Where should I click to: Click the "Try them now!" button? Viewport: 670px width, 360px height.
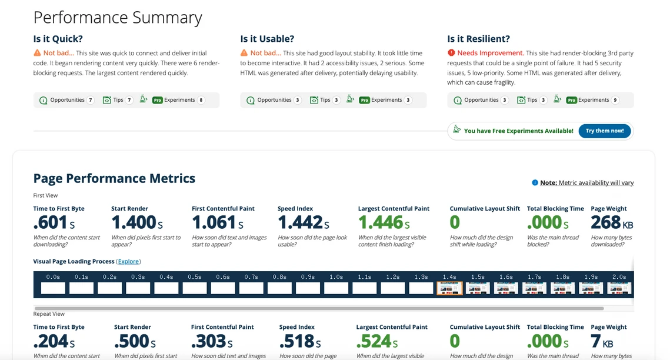tap(604, 131)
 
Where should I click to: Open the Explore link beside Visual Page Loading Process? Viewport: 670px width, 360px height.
tap(129, 261)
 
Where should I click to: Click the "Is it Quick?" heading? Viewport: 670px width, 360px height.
tap(58, 39)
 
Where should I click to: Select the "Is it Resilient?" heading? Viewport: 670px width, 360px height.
tap(478, 39)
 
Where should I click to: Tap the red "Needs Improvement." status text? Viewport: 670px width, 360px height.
tap(491, 53)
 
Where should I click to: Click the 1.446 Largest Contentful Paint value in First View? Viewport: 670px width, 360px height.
tap(381, 222)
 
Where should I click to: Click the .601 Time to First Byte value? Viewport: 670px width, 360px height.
tap(50, 222)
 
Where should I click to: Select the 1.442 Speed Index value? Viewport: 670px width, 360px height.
tap(300, 222)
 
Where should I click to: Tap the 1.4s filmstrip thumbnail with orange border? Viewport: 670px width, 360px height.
tap(450, 288)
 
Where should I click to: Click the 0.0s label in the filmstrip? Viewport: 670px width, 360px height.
tap(53, 276)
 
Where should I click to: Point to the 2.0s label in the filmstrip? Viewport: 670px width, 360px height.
tap(619, 276)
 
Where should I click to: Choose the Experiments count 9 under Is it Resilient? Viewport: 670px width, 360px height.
tap(615, 100)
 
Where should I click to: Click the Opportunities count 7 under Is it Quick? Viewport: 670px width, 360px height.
tap(91, 100)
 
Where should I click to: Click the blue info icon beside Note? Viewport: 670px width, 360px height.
tap(535, 182)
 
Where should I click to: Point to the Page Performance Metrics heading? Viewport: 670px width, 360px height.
tap(114, 178)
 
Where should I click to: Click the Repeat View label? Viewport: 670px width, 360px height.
tap(49, 314)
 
